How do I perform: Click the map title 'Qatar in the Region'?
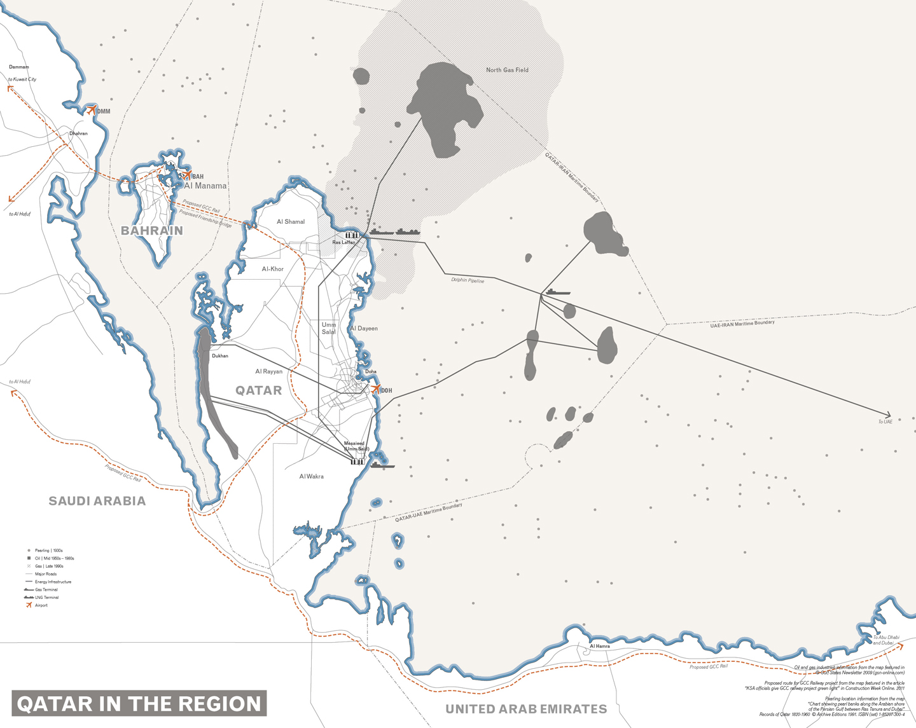pos(139,704)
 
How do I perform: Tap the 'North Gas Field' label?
pos(507,70)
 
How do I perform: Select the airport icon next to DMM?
pos(92,110)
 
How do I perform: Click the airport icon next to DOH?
pos(375,389)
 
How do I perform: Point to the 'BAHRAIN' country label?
pos(152,231)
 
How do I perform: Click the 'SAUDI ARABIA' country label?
pos(97,501)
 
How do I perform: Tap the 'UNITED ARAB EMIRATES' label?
pos(526,709)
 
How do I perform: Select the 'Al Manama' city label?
pos(205,186)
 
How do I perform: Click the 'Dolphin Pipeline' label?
pos(468,280)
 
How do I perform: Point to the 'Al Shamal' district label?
pos(291,222)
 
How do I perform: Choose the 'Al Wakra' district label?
pos(311,476)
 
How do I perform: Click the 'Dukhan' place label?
pos(220,356)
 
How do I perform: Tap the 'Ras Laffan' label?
pos(344,242)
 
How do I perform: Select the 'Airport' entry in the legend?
pos(41,605)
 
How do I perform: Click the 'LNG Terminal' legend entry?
pos(46,598)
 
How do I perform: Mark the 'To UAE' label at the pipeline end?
pos(885,422)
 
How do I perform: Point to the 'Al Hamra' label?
pos(599,646)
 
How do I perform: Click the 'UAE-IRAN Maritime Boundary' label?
pos(742,324)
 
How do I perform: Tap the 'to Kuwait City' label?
pos(22,79)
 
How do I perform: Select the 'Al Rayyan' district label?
pos(268,371)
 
